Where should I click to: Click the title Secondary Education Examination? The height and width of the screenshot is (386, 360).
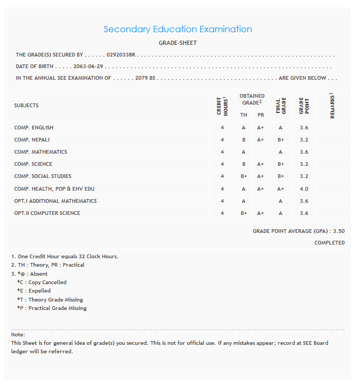point(177,30)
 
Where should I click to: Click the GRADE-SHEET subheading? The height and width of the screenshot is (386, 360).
point(177,43)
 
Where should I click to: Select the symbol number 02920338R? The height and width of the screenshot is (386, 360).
point(121,55)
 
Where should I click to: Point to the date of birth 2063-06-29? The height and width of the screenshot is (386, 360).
point(88,67)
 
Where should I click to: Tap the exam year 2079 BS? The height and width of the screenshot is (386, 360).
point(145,78)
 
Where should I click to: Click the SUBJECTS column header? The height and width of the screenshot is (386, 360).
point(26,106)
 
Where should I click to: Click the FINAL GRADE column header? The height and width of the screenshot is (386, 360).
point(280,106)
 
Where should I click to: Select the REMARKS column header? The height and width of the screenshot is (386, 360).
point(332,106)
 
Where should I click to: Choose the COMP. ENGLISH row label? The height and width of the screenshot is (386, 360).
point(34,128)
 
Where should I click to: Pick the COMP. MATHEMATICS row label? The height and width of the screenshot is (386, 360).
point(41,152)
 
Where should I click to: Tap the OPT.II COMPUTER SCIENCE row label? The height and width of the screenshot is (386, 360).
point(47,213)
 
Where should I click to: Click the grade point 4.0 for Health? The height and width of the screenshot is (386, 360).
point(304,189)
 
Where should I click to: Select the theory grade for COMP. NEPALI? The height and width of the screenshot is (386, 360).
point(244,140)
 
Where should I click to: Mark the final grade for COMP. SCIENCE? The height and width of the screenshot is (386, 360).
point(281,164)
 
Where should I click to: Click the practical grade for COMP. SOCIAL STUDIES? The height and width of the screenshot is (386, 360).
point(260,176)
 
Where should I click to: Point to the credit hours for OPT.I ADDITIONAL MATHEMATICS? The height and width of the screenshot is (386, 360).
point(222,201)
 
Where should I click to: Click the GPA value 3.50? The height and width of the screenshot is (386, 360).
point(339,231)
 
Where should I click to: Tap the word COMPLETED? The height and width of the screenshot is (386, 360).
point(329,243)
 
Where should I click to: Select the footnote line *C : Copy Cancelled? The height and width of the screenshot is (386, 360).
point(42,283)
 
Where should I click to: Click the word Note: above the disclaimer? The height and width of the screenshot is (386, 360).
point(18,335)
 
